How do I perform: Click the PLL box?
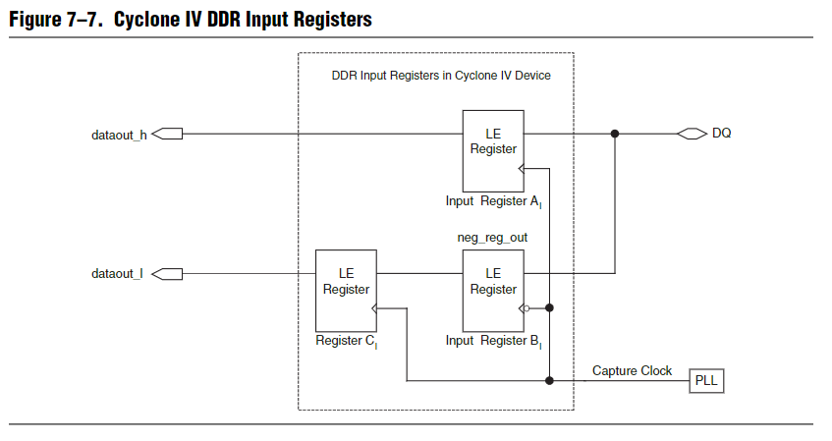(706, 380)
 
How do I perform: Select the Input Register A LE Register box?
(493, 150)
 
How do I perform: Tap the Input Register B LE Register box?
(493, 290)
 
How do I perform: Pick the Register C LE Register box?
(346, 290)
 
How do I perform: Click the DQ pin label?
(721, 134)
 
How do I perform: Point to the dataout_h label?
(119, 135)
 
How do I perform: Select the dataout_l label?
(117, 273)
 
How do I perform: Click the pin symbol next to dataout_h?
(167, 135)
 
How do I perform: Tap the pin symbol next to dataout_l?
(167, 273)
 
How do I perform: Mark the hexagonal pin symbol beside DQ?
(692, 134)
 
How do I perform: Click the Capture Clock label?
(632, 370)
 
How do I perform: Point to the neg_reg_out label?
(492, 238)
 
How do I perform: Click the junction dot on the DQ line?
(615, 134)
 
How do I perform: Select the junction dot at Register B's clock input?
(549, 308)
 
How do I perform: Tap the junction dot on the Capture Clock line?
(549, 380)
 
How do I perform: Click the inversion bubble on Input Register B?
(527, 308)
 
